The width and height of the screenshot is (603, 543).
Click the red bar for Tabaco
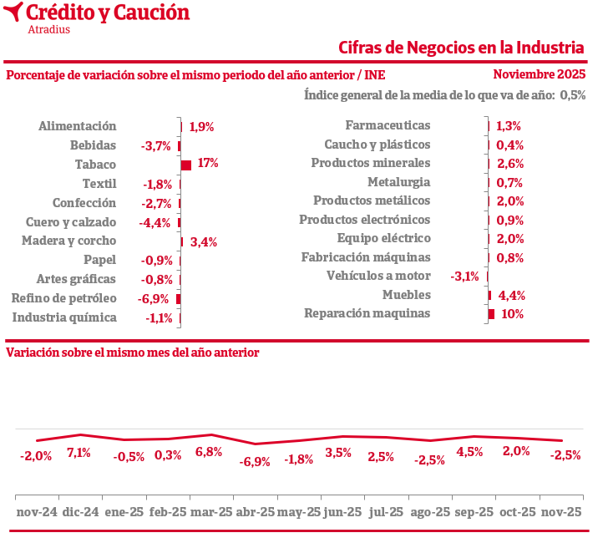coord(186,165)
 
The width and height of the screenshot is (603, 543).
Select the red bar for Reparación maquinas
coord(492,314)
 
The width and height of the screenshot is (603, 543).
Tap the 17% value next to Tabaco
coord(208,164)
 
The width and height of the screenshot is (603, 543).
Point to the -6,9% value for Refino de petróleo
coord(155,299)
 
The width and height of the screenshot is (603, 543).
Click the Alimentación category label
coord(77,126)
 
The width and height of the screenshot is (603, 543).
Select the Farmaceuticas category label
coord(388,125)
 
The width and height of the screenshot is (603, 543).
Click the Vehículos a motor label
coord(378,276)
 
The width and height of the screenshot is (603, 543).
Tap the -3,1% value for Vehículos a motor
coord(464,277)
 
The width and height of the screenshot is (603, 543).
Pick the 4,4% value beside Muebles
coord(511,296)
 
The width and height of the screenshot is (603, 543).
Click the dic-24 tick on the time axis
coord(82,512)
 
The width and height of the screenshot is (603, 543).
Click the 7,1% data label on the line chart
coord(79,453)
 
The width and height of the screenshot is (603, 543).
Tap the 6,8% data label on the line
coord(208,452)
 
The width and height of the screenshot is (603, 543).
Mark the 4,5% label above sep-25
coord(470,452)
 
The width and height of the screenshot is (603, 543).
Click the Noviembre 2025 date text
coord(540,74)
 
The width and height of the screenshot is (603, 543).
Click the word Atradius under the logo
coord(48,30)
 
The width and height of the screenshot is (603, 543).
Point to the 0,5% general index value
coord(573,95)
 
